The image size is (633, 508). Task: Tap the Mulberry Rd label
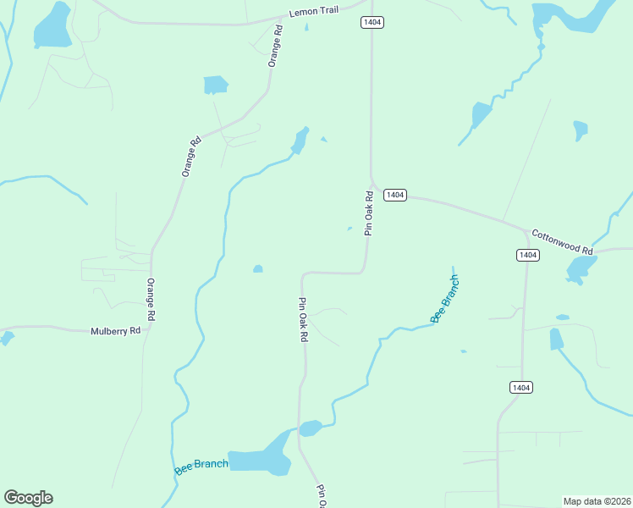pos(115,331)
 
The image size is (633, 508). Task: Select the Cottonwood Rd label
pos(562,241)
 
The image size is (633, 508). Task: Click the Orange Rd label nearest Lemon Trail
pos(274,47)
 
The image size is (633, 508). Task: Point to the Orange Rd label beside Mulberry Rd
pos(151,299)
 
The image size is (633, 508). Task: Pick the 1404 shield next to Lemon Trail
pos(372,22)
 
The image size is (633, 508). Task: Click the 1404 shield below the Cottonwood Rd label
pos(527,255)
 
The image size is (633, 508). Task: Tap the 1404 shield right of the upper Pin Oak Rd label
pos(395,196)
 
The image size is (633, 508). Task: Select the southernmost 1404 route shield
pos(521,387)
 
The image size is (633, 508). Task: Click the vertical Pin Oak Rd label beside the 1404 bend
pos(368,213)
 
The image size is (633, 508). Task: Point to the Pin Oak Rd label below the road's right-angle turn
pos(302,319)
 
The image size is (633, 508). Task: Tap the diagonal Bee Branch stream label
pos(445,299)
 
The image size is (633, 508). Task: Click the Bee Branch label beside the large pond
pos(201,466)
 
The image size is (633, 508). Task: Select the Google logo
pos(28,498)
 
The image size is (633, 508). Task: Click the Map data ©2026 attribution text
pos(597,500)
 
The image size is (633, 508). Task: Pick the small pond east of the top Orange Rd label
pos(216,85)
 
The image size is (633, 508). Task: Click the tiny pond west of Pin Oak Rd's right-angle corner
pos(257,269)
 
